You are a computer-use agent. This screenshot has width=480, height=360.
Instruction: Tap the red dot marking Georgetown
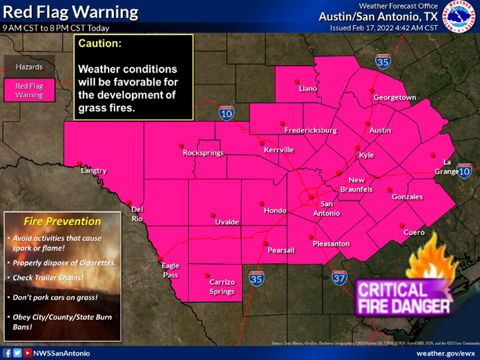pos(371,90)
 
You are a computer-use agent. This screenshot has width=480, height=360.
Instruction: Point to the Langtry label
pos(94,171)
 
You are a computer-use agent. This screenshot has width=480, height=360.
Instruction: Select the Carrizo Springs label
pos(222,287)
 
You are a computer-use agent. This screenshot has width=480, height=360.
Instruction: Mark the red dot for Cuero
pos(401,225)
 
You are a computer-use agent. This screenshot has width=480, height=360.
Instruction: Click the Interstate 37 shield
pos(339,278)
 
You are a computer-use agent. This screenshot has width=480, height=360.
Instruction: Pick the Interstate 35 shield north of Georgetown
pos(383,61)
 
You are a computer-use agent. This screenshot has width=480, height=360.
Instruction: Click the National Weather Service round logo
pos(460,17)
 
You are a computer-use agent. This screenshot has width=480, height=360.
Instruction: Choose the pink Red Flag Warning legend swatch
pos(30,90)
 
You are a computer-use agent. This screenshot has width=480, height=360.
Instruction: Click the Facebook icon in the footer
pos(7,353)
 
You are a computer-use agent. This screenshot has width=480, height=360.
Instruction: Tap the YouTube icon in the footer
pos(28,353)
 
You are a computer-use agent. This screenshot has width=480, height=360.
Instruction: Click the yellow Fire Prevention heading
pos(62,221)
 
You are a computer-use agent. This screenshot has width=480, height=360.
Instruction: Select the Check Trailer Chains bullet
pos(48,277)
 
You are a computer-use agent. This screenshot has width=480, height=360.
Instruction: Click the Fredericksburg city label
pos(311,130)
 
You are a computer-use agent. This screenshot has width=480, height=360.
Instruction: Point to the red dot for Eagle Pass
pos(159,258)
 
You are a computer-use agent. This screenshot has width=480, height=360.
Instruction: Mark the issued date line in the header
pos(384,28)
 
